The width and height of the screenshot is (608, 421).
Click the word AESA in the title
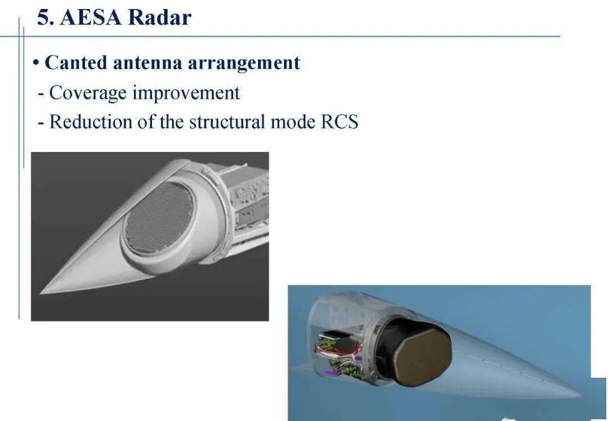pos(90,17)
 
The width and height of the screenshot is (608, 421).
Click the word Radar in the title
pos(160,17)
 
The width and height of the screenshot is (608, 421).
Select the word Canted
pos(76,62)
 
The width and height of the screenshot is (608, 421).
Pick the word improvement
pos(186,93)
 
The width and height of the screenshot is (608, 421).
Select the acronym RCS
pos(339,122)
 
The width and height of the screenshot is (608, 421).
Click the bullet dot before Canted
pos(35,63)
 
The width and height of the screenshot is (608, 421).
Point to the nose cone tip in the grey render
pos(43,292)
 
